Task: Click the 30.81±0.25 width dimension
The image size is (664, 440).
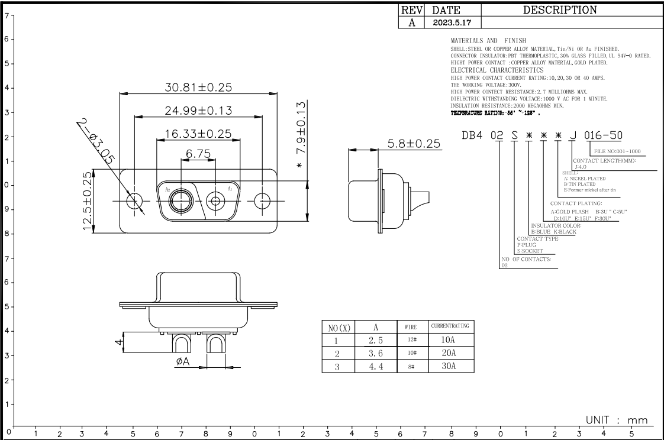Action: pyautogui.click(x=198, y=87)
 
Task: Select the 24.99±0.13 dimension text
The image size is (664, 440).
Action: pyautogui.click(x=198, y=110)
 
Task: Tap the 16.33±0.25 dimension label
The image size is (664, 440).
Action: pyautogui.click(x=198, y=134)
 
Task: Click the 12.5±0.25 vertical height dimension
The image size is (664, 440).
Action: pyautogui.click(x=88, y=201)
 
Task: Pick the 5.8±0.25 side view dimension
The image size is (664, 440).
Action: pyautogui.click(x=415, y=143)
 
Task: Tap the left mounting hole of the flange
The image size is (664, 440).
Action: pyautogui.click(x=135, y=201)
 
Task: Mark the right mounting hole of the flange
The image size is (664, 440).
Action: pyautogui.click(x=263, y=201)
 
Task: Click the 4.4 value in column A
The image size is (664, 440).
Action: pyautogui.click(x=375, y=366)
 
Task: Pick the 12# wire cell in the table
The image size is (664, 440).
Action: pyautogui.click(x=411, y=340)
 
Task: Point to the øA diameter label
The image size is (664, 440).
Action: pyautogui.click(x=182, y=362)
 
